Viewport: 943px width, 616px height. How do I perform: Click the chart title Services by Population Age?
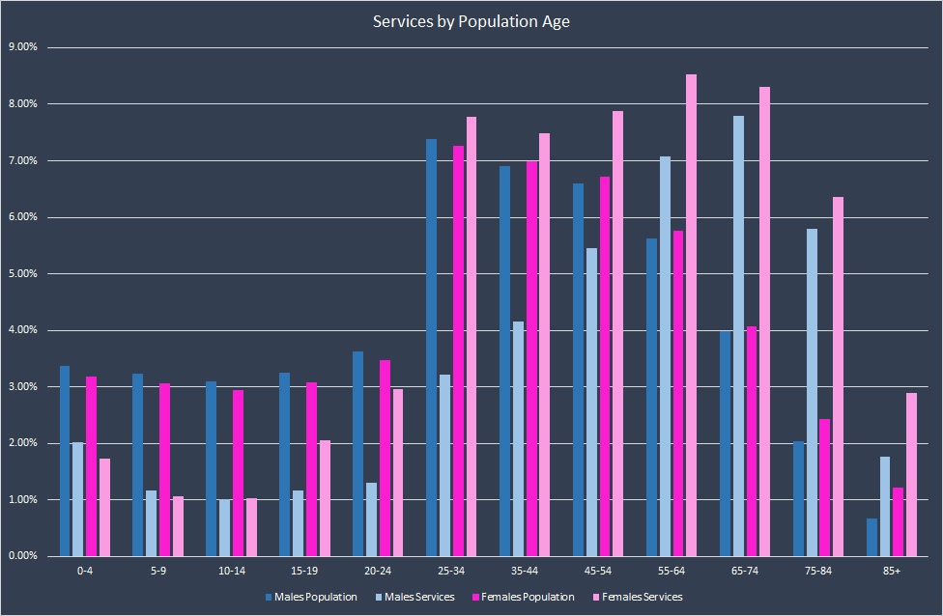click(471, 21)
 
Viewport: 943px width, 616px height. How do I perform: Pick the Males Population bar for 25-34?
click(431, 348)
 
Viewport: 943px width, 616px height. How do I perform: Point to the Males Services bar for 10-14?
click(224, 528)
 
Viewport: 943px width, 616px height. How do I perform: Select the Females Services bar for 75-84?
click(838, 377)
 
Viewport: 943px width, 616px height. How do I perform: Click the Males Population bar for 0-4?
click(65, 462)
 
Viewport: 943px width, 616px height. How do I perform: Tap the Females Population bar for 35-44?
click(531, 358)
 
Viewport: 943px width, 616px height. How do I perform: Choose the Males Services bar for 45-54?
click(591, 403)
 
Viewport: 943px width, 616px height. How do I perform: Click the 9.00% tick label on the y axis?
click(23, 47)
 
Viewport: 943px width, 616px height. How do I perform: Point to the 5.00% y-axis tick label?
click(23, 273)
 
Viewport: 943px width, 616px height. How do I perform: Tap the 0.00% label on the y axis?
click(23, 556)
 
